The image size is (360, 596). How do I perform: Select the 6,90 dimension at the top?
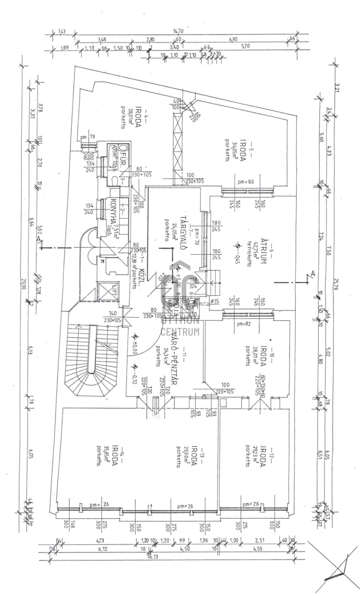pos(233,40)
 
